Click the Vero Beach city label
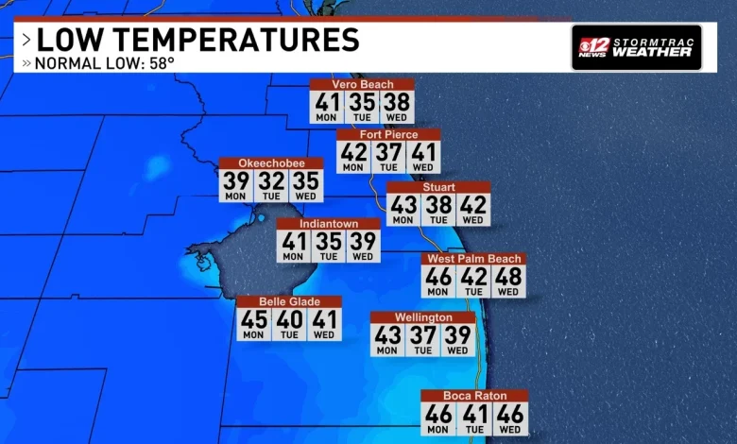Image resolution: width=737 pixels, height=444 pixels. click(x=362, y=84)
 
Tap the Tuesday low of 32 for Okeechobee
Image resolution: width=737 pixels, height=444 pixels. click(x=271, y=183)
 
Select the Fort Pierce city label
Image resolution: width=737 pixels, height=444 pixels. click(x=388, y=134)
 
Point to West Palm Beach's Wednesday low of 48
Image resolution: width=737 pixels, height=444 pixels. click(x=508, y=279)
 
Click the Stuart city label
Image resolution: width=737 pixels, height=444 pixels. click(x=438, y=187)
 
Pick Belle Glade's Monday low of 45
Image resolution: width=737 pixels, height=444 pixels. click(x=253, y=321)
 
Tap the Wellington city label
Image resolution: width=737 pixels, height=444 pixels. click(x=422, y=317)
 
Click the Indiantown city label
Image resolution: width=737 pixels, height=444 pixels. click(x=328, y=224)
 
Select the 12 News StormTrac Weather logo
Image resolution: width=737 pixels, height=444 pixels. click(x=636, y=47)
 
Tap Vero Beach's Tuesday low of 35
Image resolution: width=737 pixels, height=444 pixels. click(x=362, y=104)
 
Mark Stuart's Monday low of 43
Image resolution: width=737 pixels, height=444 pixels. click(x=403, y=207)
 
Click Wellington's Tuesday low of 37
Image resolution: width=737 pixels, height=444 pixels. click(x=422, y=337)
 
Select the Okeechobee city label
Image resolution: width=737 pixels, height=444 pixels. click(x=271, y=163)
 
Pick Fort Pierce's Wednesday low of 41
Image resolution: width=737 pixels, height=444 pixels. click(x=423, y=154)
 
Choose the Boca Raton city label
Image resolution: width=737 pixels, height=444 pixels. click(x=474, y=396)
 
